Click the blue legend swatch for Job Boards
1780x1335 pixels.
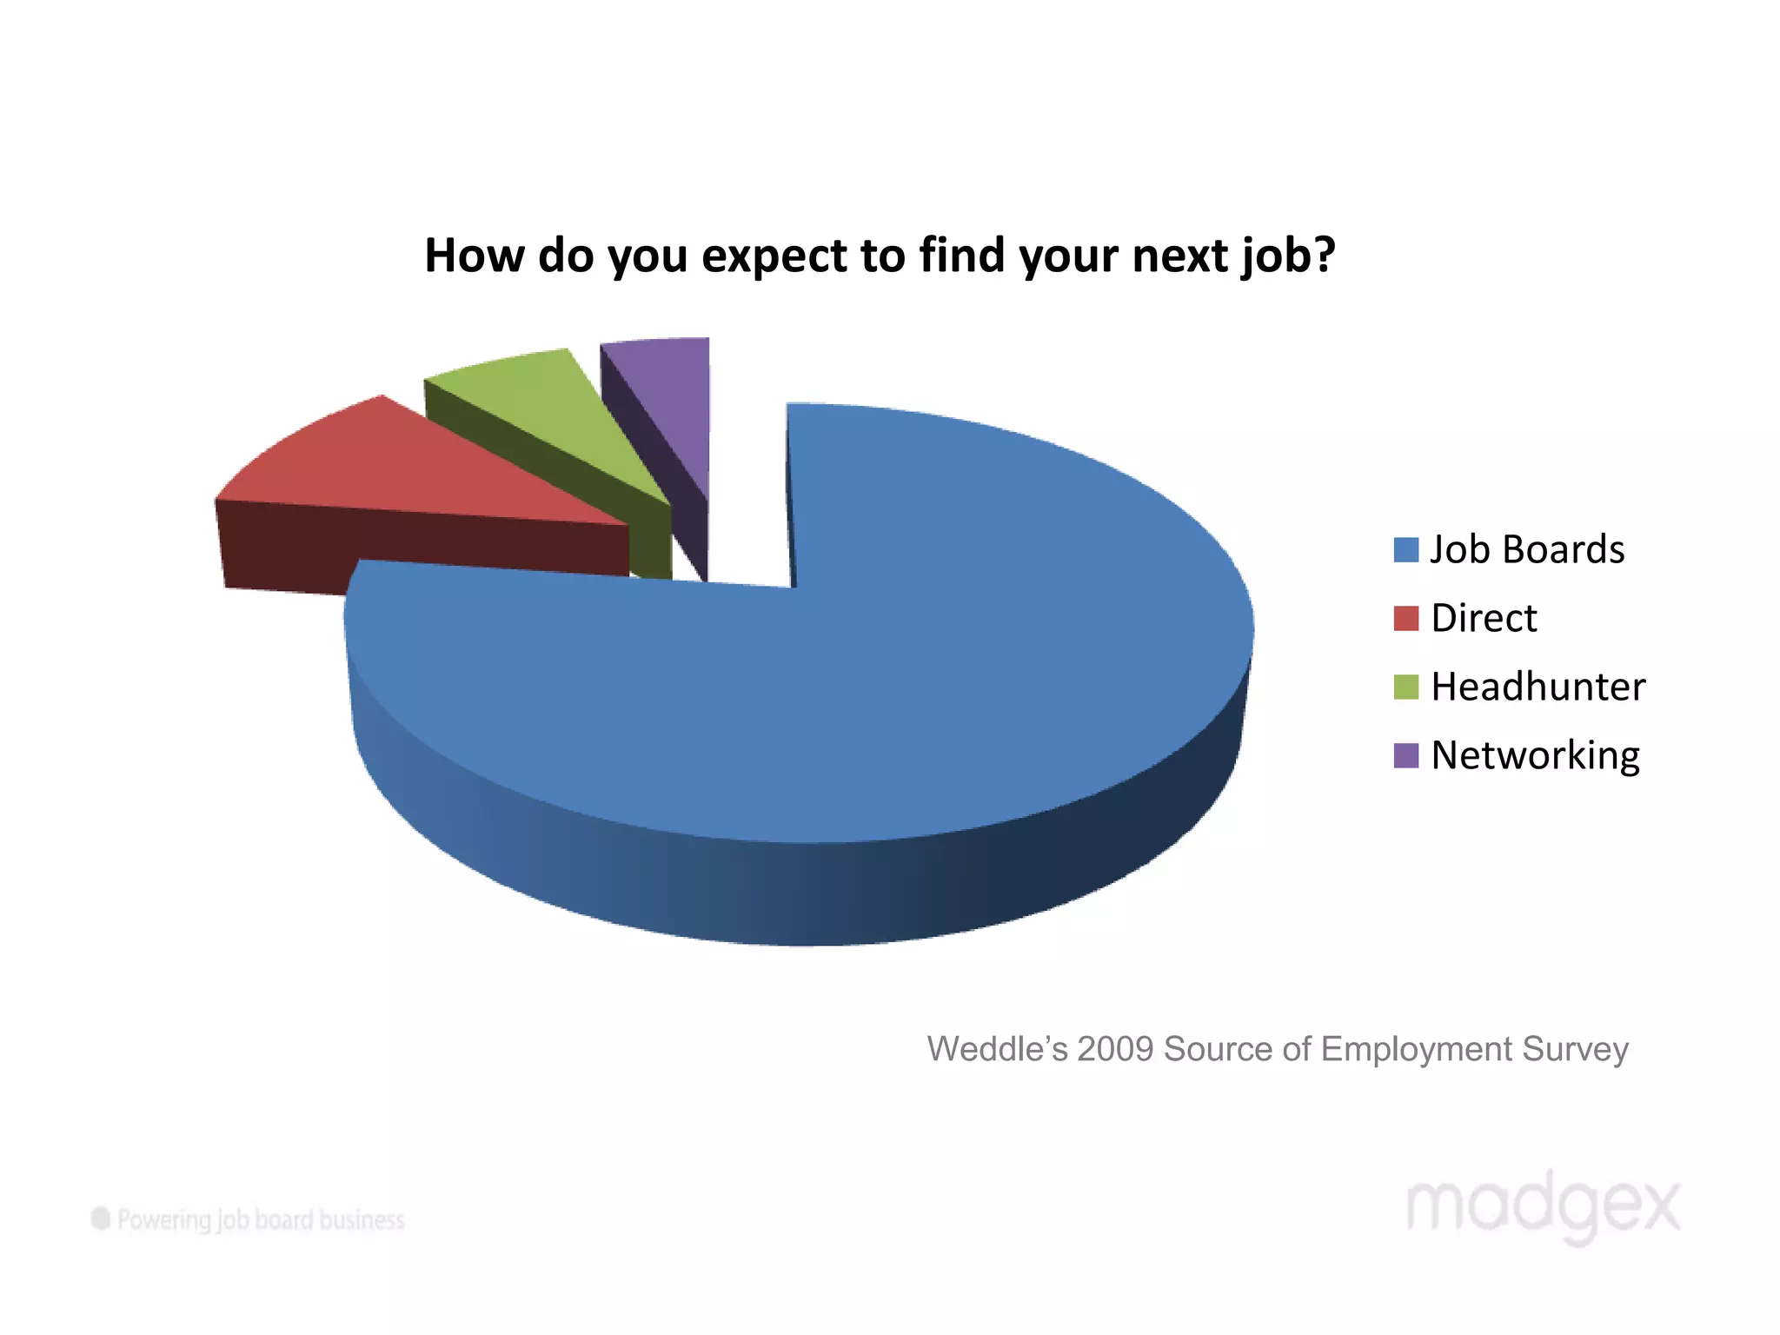[x=1405, y=550]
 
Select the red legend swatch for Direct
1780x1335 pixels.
[x=1405, y=619]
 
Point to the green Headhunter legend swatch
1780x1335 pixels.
[x=1405, y=687]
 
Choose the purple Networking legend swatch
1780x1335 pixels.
[x=1405, y=756]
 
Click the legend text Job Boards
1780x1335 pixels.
[x=1527, y=550]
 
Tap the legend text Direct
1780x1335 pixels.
[x=1484, y=619]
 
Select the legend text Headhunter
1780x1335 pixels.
[x=1538, y=687]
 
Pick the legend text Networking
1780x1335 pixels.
[x=1535, y=756]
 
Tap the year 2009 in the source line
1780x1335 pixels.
[x=1115, y=1049]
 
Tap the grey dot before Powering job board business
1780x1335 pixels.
[x=101, y=1219]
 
